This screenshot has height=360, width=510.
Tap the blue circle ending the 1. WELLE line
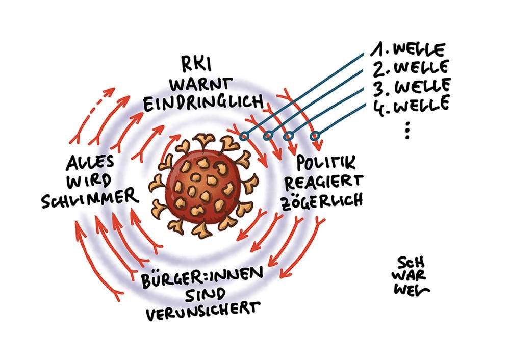pyautogui.click(x=244, y=136)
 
